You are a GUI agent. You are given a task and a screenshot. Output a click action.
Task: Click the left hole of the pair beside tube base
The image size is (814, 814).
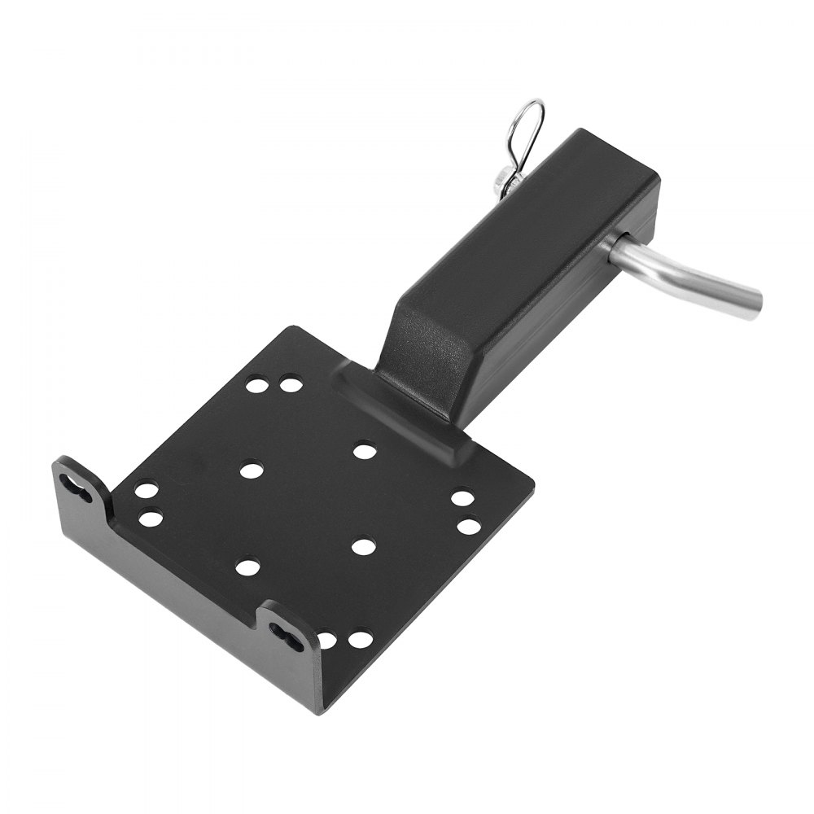[x=256, y=384]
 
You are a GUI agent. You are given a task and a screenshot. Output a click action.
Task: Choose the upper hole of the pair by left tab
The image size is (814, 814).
[x=147, y=491]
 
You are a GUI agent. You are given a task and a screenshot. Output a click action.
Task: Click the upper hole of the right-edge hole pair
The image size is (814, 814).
[x=462, y=498]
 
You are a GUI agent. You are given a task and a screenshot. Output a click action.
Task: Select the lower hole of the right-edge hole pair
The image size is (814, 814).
[x=468, y=526]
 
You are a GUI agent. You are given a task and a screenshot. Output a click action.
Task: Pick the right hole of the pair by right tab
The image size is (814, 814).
[x=360, y=640]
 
